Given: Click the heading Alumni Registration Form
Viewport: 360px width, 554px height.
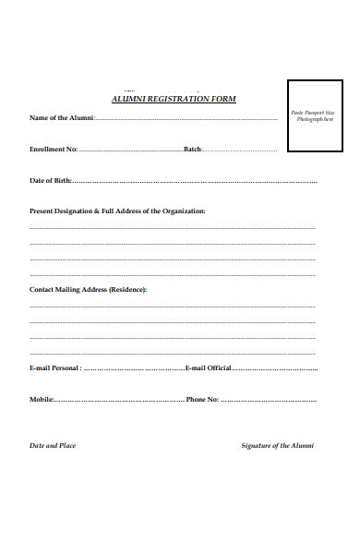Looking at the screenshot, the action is pos(174,99).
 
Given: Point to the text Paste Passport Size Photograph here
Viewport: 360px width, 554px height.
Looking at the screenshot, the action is pos(313,115).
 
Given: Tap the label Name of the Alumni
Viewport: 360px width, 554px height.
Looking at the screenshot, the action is pos(61,118).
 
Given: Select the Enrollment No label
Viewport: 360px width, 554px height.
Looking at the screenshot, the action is pos(53,150).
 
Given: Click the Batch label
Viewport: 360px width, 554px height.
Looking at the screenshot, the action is pos(192,150).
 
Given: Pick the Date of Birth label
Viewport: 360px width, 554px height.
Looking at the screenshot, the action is pos(50,181).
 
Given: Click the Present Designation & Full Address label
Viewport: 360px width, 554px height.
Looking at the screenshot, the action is pos(117,211).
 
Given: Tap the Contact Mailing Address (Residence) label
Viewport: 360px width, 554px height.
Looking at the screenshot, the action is pos(88,290).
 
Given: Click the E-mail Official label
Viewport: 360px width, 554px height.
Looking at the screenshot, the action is pos(208,368).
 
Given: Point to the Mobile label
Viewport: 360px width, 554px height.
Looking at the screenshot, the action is pos(41,400).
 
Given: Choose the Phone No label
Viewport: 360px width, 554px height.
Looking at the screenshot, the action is pos(201,400).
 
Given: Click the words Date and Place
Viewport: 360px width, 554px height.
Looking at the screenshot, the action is pos(53,446).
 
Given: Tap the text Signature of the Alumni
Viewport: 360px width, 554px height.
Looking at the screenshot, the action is pos(277,446).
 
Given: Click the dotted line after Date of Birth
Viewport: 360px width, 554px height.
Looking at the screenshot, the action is pos(194,182).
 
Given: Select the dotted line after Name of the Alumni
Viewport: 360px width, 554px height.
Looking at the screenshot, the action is pos(185,119).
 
